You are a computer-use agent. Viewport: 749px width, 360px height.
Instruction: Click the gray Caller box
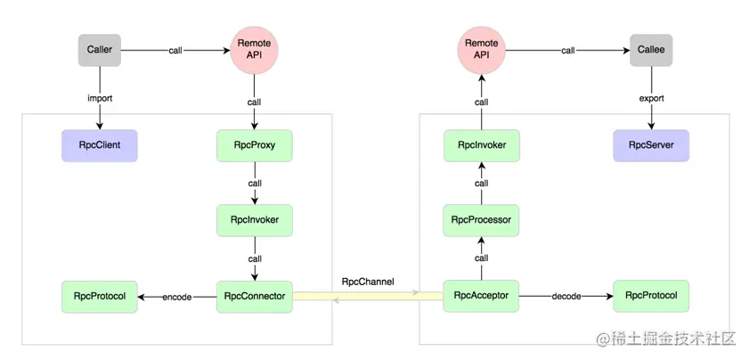point(100,50)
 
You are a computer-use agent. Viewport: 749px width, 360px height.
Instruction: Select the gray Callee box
point(651,50)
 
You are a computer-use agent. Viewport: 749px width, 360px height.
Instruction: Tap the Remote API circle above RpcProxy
point(254,50)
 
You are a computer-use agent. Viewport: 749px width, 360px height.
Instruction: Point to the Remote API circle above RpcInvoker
point(482,50)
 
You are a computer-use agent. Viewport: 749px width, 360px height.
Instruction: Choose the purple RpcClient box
point(100,145)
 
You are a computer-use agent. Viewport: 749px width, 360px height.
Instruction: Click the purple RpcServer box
point(651,145)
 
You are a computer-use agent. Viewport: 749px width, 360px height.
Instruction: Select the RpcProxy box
point(254,145)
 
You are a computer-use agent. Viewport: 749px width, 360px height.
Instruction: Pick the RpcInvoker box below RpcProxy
point(254,220)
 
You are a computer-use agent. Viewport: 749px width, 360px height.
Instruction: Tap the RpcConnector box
point(254,297)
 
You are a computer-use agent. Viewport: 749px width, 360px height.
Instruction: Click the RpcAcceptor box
point(482,296)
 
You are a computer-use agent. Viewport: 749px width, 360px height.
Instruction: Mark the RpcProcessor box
point(482,220)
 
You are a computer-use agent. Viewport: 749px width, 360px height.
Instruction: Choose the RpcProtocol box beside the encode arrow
point(100,297)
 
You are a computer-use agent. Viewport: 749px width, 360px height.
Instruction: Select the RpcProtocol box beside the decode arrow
point(651,296)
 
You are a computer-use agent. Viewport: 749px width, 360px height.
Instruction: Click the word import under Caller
point(100,99)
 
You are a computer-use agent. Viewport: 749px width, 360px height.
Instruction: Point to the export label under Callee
point(651,99)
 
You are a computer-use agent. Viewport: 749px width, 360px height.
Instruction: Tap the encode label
point(176,298)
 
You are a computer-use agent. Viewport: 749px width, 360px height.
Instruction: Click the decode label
point(566,297)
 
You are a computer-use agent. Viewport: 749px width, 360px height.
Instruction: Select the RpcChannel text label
point(368,282)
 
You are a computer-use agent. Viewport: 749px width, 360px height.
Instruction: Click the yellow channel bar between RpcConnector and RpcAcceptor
point(368,297)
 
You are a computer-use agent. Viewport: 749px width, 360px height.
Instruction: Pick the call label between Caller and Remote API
point(175,50)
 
